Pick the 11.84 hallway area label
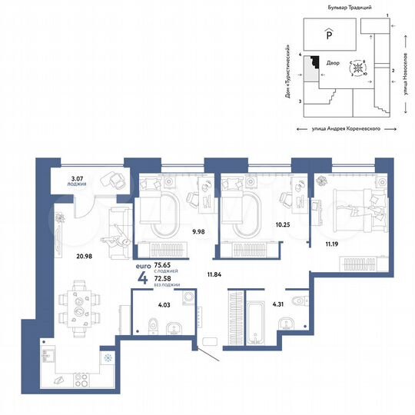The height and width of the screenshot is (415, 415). pyautogui.click(x=214, y=274)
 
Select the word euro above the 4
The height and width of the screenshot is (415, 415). pyautogui.click(x=143, y=265)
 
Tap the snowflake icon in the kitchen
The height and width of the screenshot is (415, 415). pyautogui.click(x=107, y=358)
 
